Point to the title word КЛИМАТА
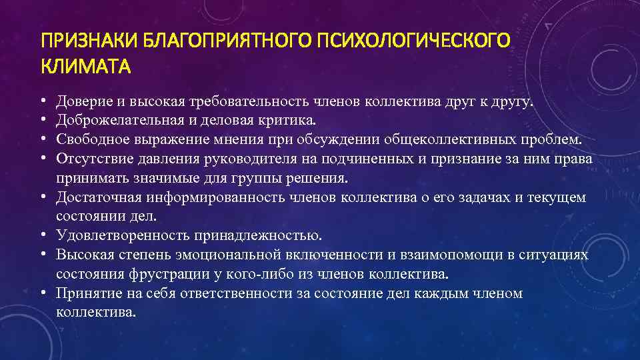(x=86, y=67)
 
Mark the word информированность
(x=245, y=197)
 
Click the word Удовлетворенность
(x=122, y=235)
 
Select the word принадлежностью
(x=258, y=235)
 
